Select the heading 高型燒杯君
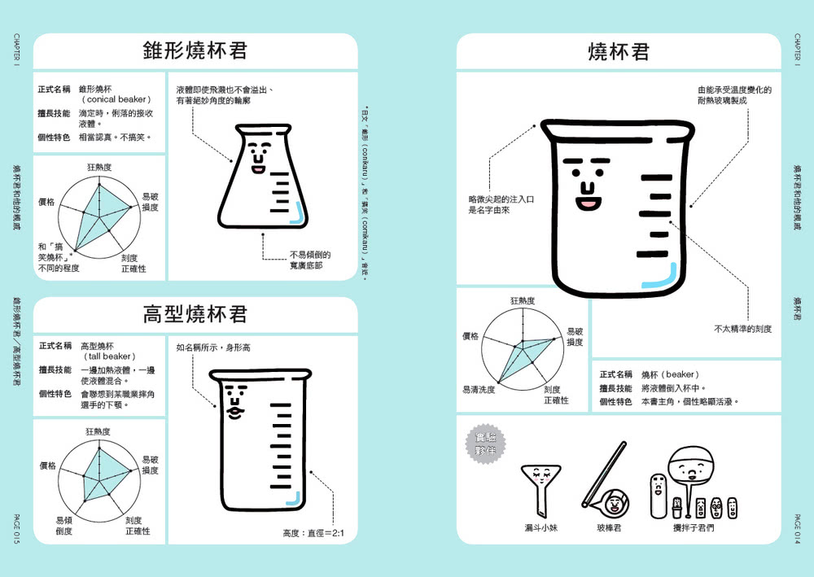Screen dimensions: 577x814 (x=195, y=313)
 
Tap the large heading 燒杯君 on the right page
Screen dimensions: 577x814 (x=619, y=52)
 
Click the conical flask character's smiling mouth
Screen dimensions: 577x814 (x=257, y=170)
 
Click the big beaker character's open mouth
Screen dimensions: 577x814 (x=586, y=203)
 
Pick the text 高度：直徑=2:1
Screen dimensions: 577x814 (x=313, y=534)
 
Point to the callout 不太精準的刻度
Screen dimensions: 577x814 (x=742, y=329)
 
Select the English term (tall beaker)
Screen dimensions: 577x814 (x=109, y=356)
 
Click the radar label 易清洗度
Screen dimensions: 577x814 (x=479, y=390)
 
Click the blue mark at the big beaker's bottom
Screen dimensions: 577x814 (x=659, y=280)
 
